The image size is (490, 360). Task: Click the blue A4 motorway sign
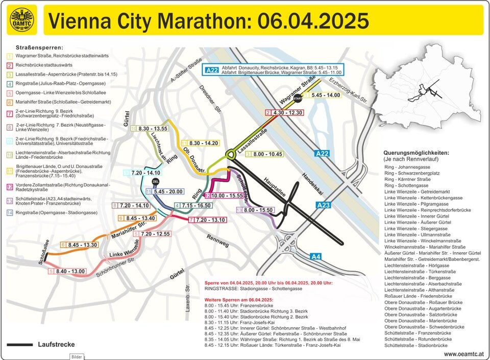pyautogui.click(x=316, y=256)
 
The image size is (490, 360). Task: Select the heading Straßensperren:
pyautogui.click(x=36, y=47)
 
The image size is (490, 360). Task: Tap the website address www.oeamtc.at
pyautogui.click(x=464, y=353)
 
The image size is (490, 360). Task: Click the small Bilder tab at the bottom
pyautogui.click(x=77, y=356)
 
